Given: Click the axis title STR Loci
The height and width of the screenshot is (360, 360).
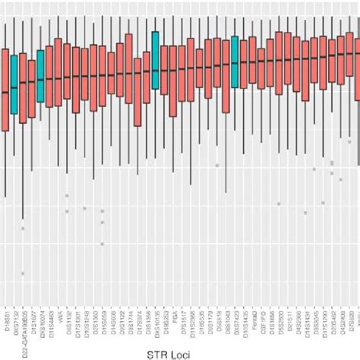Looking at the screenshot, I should point(180,352).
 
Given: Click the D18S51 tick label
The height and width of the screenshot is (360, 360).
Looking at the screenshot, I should point(7,314).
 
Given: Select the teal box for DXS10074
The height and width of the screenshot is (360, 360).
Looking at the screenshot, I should point(41,76).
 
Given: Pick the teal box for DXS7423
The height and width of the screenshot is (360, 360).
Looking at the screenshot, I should point(235,62).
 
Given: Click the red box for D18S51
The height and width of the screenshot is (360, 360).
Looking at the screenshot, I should point(5,90).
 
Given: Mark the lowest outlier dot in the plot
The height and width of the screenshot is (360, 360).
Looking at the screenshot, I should point(23,273).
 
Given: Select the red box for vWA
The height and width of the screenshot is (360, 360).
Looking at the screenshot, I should point(58,75).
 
